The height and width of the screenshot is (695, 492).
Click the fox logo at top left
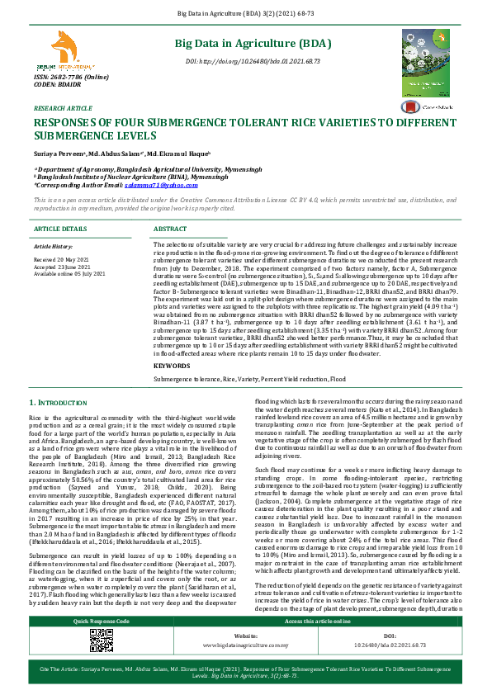click(x=64, y=50)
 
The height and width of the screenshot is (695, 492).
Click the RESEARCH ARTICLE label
click(x=63, y=108)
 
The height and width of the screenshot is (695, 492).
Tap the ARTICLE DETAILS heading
click(x=59, y=228)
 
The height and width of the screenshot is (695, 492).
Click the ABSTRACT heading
click(x=170, y=228)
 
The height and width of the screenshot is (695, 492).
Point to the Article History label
click(x=53, y=246)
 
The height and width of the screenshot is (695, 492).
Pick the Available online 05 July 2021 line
click(x=69, y=272)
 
